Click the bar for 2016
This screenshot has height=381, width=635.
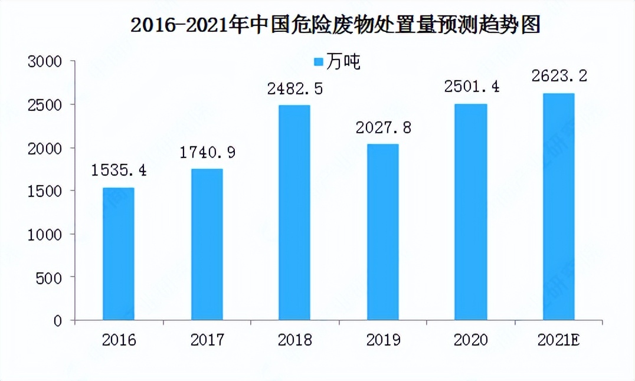[119, 254]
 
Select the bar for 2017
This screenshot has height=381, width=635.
[207, 245]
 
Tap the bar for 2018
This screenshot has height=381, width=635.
[294, 213]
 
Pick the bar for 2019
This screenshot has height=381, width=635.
[382, 232]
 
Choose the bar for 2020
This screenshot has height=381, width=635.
[470, 212]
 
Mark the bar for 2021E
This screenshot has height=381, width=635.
[558, 207]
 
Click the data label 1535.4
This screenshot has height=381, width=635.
[119, 171]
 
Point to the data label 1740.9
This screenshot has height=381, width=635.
[207, 153]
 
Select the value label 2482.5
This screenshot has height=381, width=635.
[294, 89]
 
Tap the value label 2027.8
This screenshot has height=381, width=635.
[382, 127]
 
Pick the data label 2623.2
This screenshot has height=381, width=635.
[558, 77]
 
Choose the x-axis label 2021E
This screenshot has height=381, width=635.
[558, 340]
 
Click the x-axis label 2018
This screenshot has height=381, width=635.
[294, 340]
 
